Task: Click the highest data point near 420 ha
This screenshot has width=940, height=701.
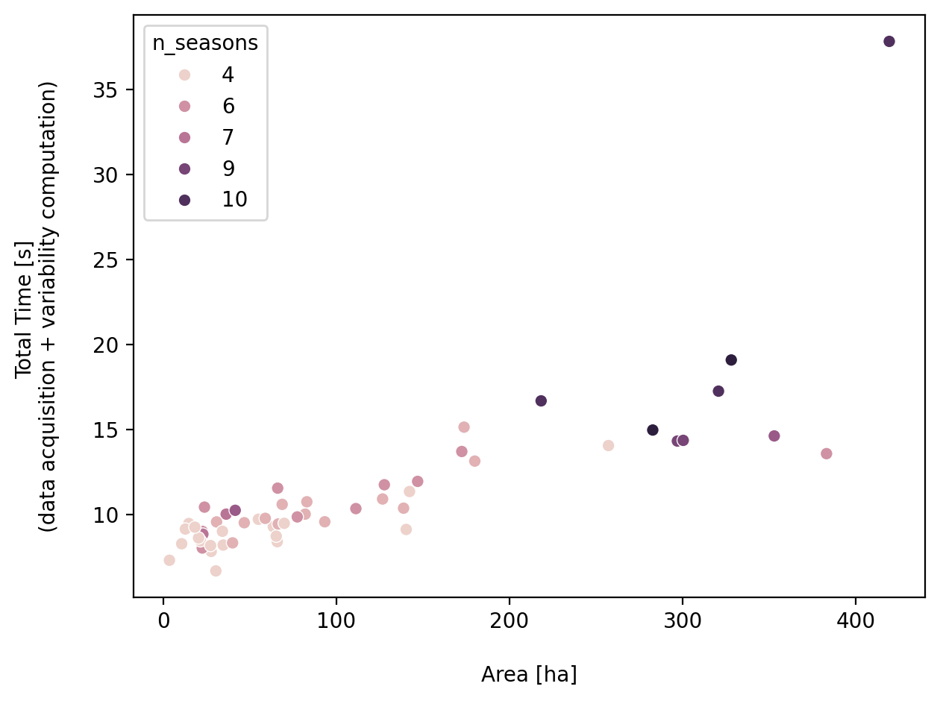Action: coord(889,42)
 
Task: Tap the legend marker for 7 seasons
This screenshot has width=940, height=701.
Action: coord(184,138)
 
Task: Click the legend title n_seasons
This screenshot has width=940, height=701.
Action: coord(205,43)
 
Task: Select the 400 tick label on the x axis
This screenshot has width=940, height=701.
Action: coord(855,621)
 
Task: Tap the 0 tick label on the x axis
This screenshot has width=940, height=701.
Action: coord(163,621)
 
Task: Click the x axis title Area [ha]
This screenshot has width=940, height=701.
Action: coord(529,675)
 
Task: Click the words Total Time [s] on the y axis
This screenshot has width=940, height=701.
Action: coord(25,309)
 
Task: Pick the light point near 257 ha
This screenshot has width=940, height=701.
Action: coord(608,445)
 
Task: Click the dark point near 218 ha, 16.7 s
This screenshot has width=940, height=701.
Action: coord(541,401)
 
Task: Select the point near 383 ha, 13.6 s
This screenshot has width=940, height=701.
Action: coord(826,453)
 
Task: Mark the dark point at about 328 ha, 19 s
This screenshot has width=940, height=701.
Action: coord(731,360)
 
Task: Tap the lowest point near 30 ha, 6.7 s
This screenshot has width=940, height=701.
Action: coord(216,570)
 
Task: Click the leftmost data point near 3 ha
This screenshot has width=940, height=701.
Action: coord(169,560)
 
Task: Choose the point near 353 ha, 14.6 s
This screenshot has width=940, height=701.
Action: coord(774,436)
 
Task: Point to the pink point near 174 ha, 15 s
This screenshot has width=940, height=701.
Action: coord(464,427)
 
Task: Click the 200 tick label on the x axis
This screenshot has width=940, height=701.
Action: coord(510,621)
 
